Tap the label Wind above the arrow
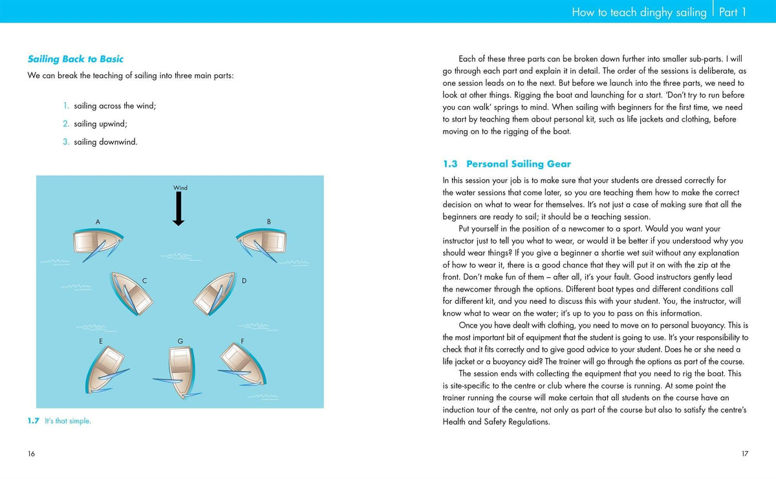(x=180, y=188)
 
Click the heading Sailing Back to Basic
(x=76, y=59)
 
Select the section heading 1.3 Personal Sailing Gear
(x=507, y=164)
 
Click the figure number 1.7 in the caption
(x=34, y=421)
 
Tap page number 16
(x=32, y=454)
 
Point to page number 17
(x=745, y=454)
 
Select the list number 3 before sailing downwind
(x=66, y=142)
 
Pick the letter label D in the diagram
(x=244, y=281)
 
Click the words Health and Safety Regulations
(x=496, y=422)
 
